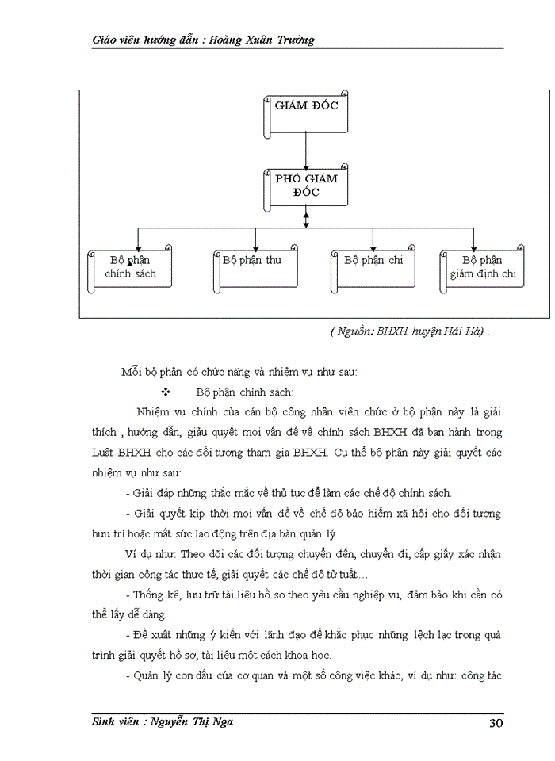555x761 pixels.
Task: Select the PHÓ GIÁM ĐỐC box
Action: pyautogui.click(x=305, y=185)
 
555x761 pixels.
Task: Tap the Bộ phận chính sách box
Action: pyautogui.click(x=130, y=267)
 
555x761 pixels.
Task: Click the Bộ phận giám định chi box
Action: pyautogui.click(x=482, y=267)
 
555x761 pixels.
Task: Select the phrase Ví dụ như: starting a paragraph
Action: pyautogui.click(x=151, y=553)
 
